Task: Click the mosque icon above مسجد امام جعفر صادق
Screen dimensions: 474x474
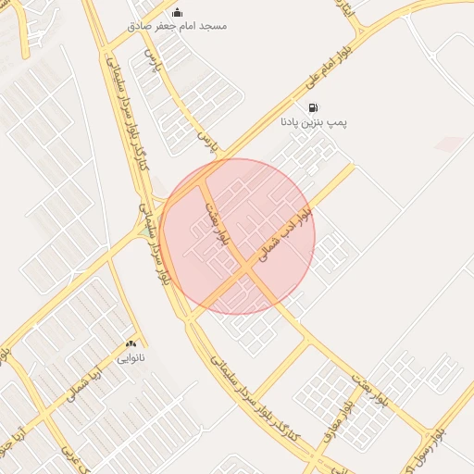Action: coord(177,12)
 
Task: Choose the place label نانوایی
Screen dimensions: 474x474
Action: coord(131,355)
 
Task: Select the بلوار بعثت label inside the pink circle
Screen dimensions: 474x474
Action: coord(217,222)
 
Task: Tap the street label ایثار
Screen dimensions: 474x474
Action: coord(344,11)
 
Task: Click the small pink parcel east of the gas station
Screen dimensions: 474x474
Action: coord(450,144)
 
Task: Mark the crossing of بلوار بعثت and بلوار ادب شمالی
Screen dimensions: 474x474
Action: coord(247,268)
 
